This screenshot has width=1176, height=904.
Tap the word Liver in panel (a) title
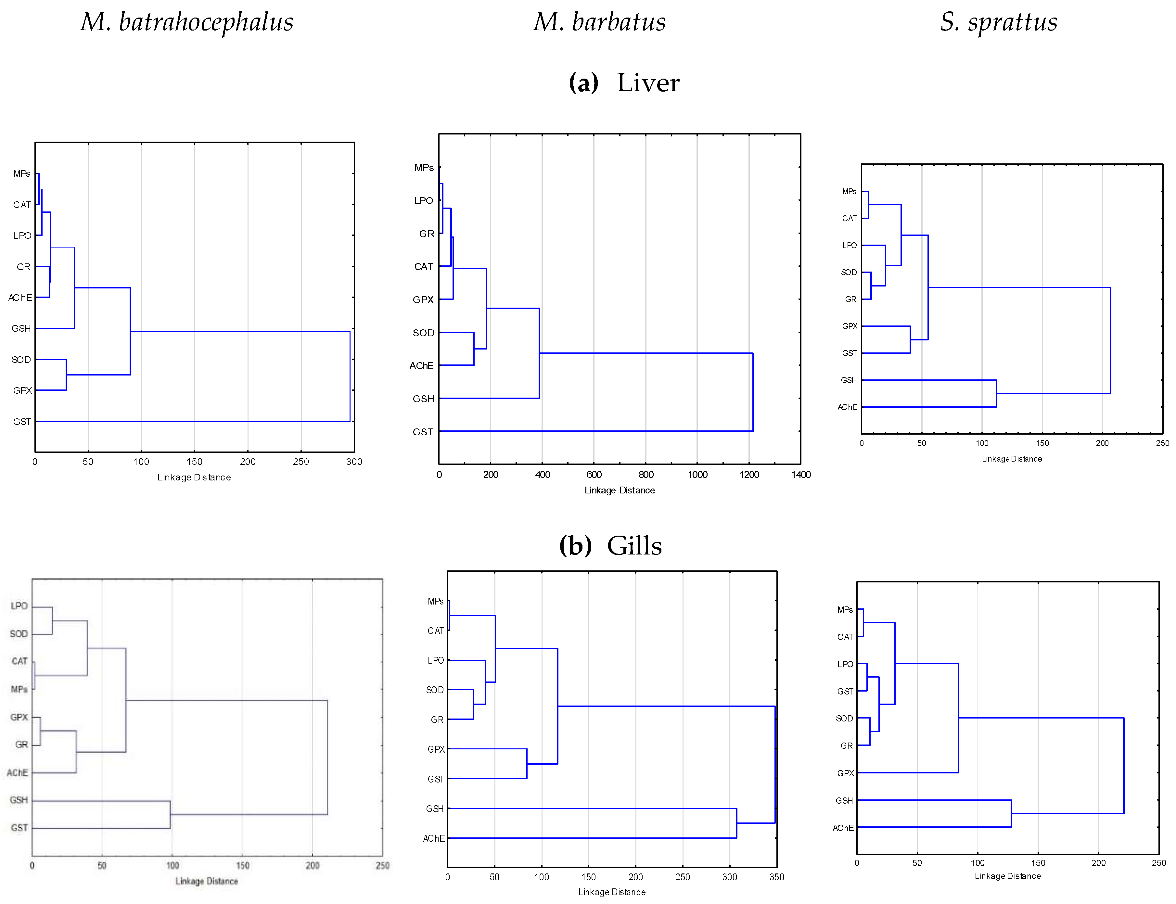coord(648,83)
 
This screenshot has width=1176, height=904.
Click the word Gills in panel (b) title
coord(634,546)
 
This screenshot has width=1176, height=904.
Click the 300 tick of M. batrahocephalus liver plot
coord(353,462)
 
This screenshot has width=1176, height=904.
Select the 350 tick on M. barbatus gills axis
coord(776,877)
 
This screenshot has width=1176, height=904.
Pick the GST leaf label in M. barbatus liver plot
coord(423,432)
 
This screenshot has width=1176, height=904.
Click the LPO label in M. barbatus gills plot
coord(435,661)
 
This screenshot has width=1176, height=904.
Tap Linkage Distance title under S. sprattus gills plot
coord(1007,876)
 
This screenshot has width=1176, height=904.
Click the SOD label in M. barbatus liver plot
coord(424,333)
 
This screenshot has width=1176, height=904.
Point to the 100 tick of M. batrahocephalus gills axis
coord(172,865)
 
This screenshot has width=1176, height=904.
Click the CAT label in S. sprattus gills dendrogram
coord(845,637)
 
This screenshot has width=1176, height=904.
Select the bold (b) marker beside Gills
coord(575,546)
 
